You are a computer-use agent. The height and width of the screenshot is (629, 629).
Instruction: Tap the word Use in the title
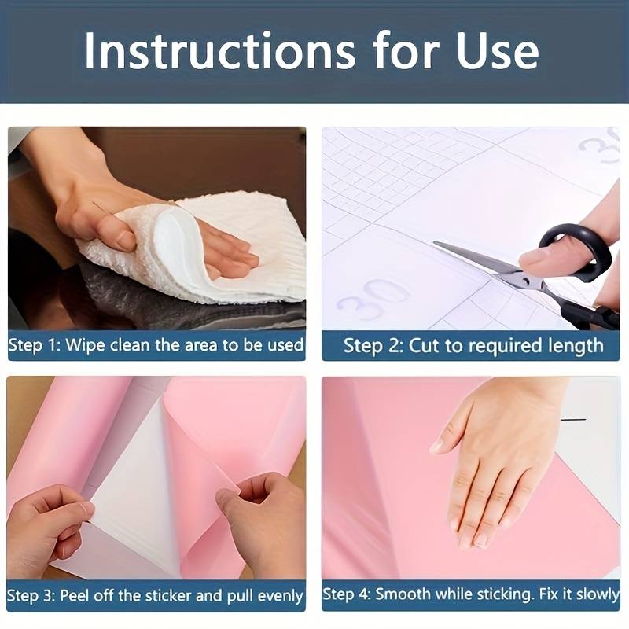pos(497,51)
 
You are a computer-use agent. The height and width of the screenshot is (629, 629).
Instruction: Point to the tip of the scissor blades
pos(435,243)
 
